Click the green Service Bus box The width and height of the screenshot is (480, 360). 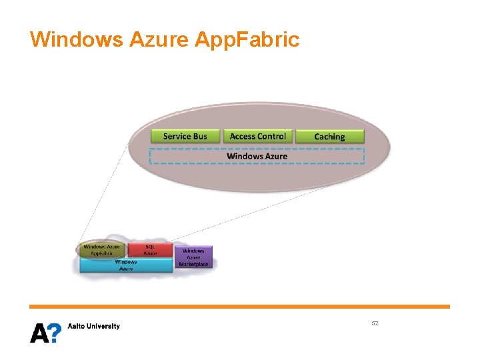(185, 136)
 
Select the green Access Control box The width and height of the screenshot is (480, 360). (257, 136)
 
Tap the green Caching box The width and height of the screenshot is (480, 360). (329, 137)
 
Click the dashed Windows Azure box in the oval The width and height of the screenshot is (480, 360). (257, 156)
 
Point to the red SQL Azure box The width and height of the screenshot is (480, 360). (150, 250)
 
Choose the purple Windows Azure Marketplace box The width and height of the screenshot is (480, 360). (194, 257)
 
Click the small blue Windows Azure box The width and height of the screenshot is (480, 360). (126, 265)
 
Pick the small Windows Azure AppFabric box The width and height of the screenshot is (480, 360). (103, 250)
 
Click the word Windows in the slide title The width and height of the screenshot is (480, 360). (75, 39)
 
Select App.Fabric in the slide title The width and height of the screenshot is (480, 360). (247, 39)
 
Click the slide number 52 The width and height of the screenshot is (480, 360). (375, 323)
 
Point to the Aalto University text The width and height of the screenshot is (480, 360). (94, 326)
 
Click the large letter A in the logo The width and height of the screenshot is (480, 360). (39, 333)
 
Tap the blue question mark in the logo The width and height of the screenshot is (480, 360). (55, 333)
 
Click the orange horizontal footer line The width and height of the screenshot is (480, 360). (239, 307)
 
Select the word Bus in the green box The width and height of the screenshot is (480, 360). (199, 136)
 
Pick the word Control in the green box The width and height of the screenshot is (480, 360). (271, 136)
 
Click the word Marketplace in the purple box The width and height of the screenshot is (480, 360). (194, 264)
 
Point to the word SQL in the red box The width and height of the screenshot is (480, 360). (150, 247)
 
